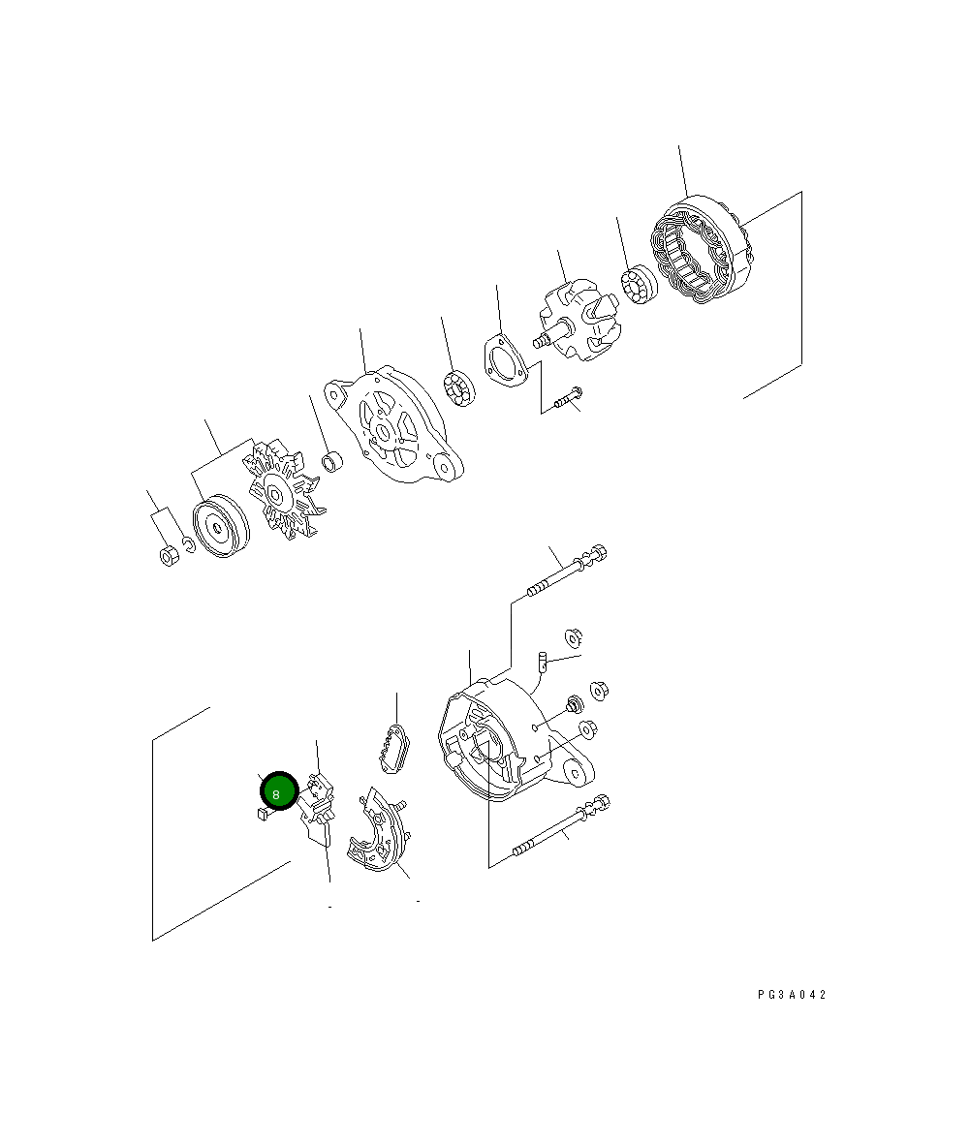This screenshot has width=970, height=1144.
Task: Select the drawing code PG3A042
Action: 791,995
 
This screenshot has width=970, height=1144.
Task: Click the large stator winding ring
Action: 700,249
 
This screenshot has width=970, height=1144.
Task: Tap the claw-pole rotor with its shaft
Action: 578,324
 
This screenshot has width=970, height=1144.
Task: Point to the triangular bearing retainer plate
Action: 504,360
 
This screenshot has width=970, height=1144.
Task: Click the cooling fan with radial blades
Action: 282,489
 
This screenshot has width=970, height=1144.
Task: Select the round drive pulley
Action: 220,525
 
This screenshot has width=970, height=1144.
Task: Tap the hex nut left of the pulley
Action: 170,555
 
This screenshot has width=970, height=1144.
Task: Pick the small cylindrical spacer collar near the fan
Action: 332,461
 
